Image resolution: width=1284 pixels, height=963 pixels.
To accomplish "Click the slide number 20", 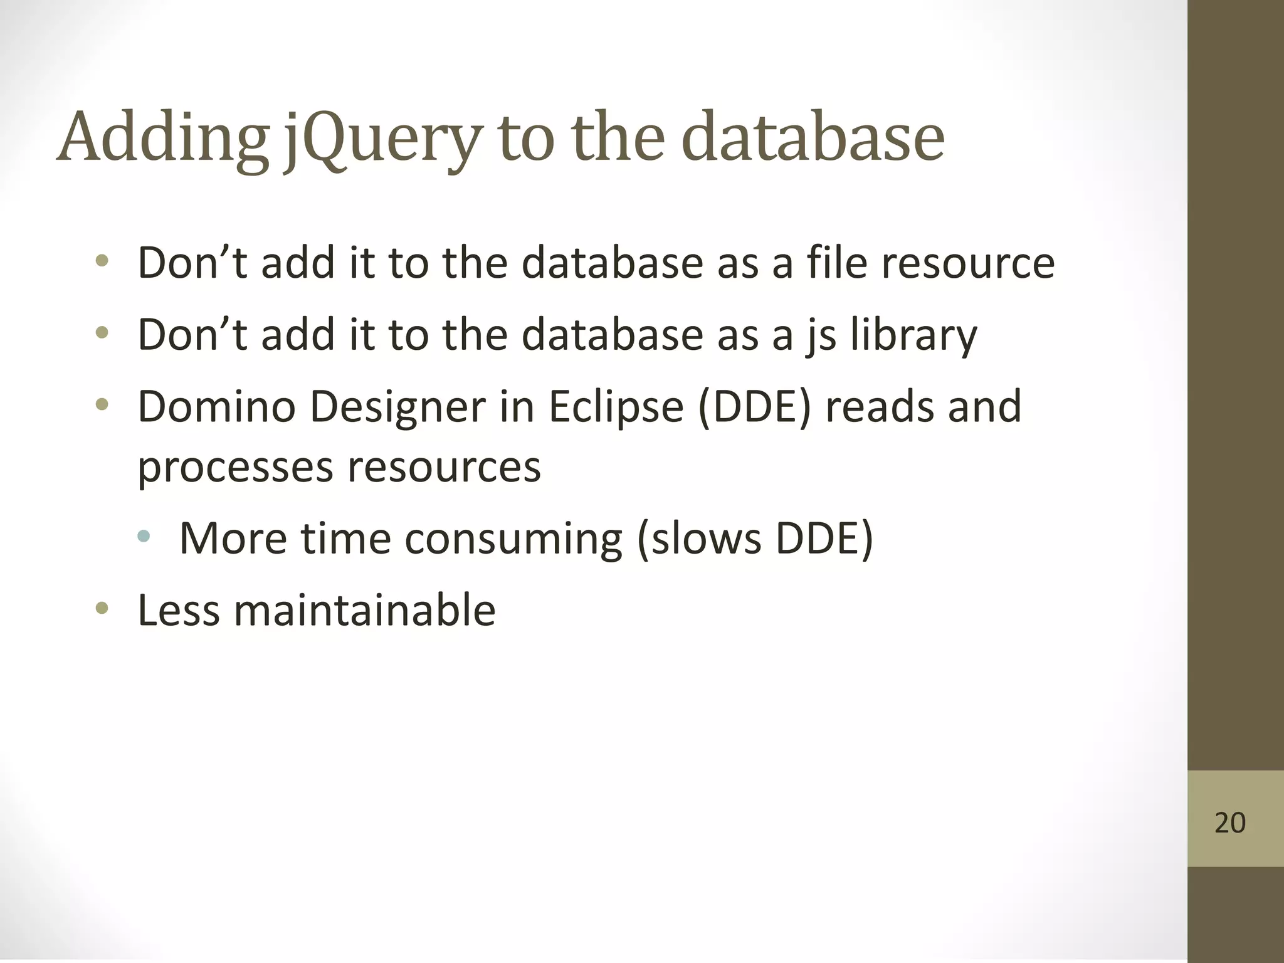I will point(1229,823).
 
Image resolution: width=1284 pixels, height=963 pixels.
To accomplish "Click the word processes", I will point(234,468).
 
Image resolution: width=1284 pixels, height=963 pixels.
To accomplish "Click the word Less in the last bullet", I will point(178,610).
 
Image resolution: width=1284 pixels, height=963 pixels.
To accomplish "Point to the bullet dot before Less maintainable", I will point(102,608).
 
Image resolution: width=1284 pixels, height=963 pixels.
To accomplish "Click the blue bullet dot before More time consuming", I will point(144,536).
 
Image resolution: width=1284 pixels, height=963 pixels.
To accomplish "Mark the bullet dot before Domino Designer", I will point(102,405).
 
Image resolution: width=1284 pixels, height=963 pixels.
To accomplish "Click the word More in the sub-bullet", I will point(233,539).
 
